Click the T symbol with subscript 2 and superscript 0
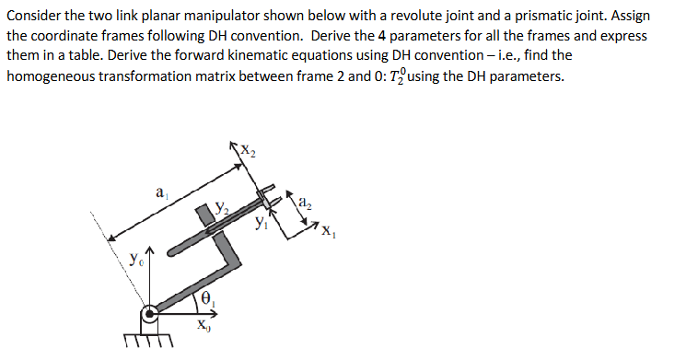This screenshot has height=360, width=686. [x=404, y=75]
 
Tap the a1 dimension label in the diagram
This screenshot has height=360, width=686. [x=161, y=194]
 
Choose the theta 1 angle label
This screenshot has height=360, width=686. [x=207, y=297]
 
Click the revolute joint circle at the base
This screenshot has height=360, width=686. [x=149, y=318]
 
